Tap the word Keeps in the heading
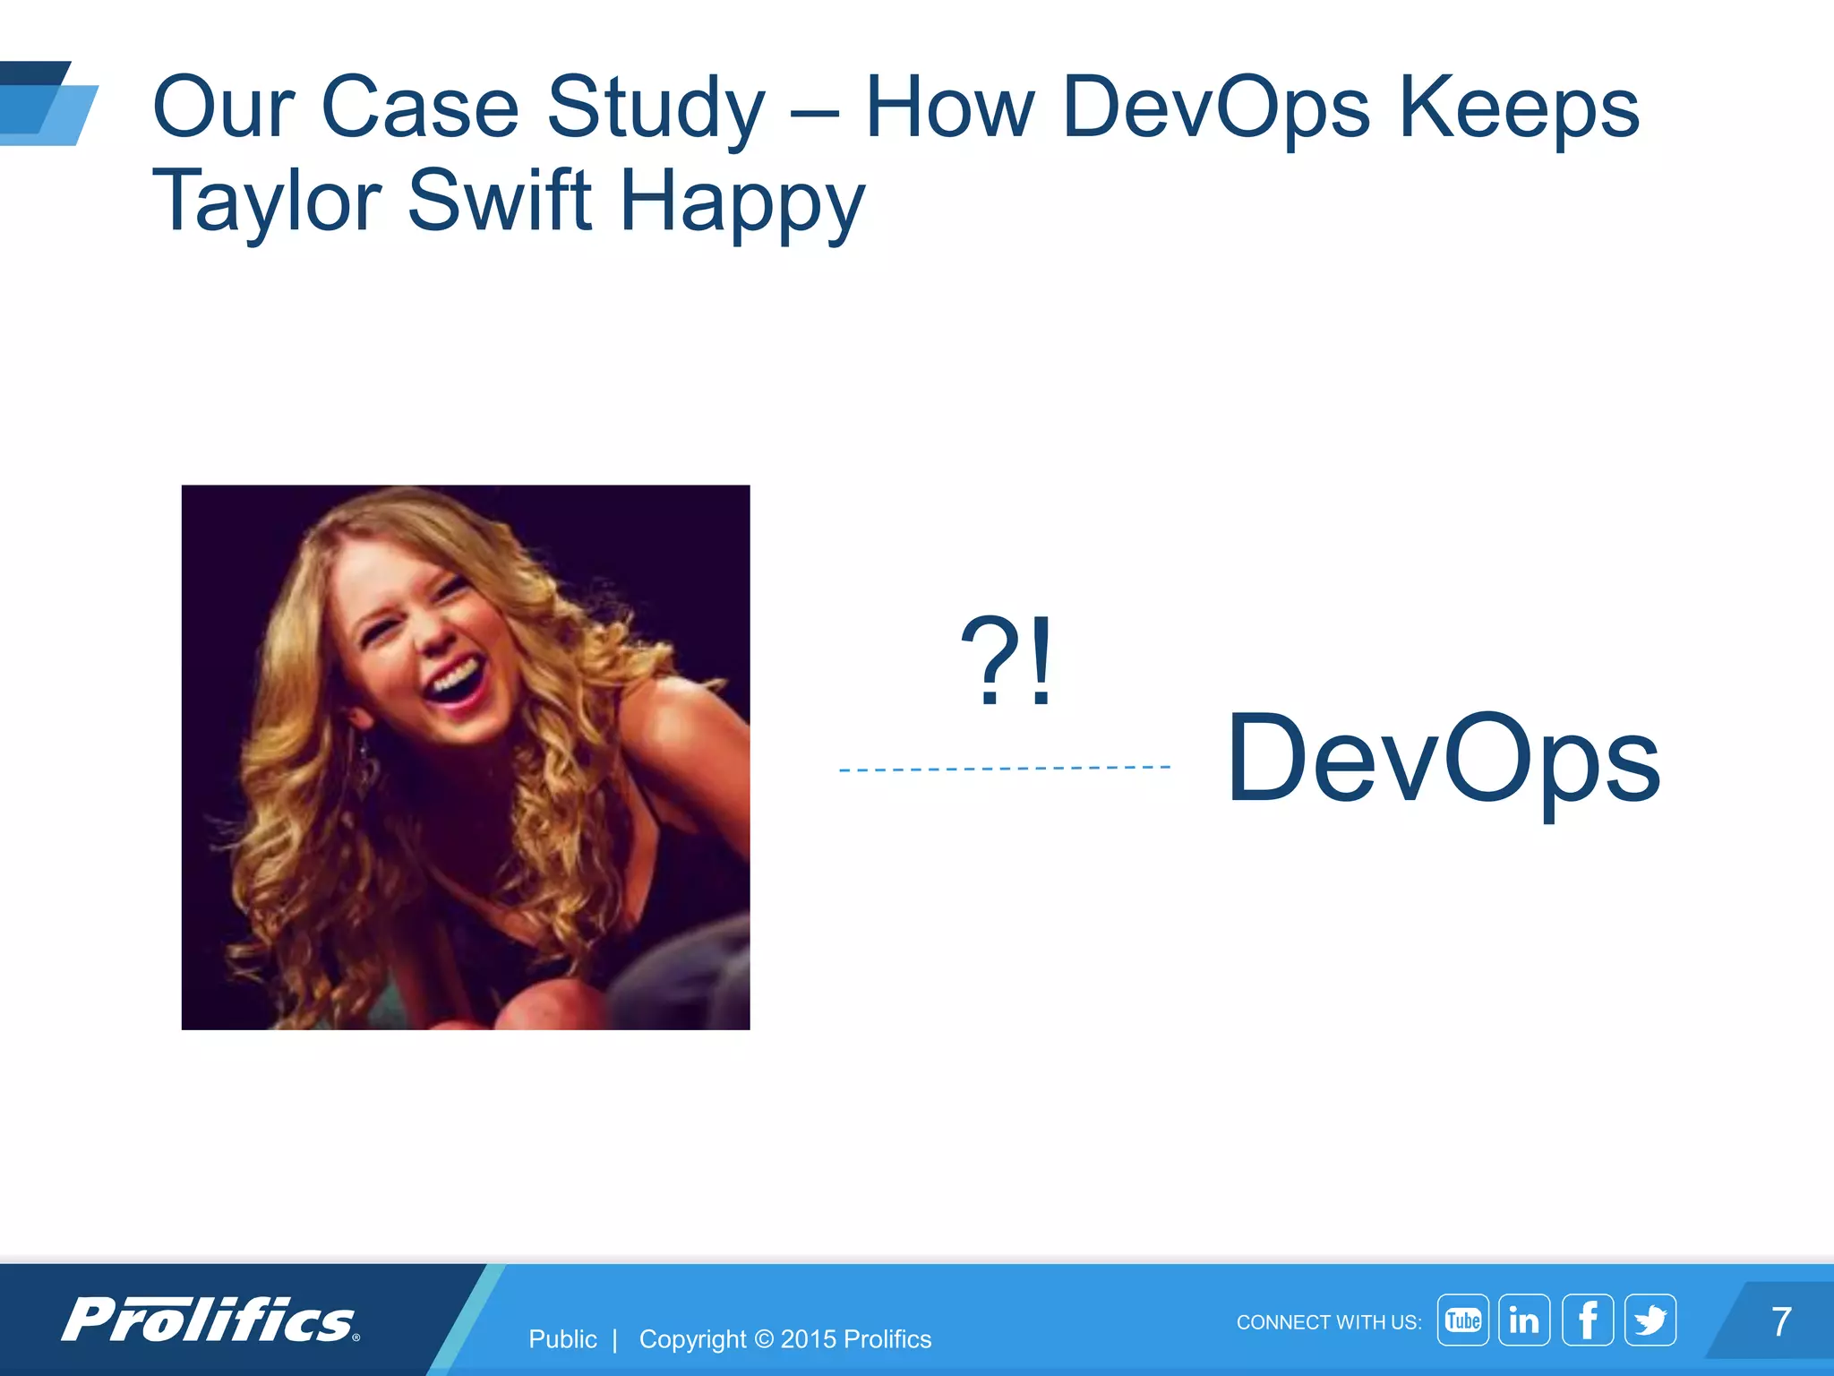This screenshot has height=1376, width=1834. coord(1519,109)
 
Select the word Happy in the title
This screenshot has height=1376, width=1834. coord(741,202)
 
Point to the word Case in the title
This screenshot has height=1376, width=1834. coord(419,109)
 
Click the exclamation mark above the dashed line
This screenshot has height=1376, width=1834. coord(1041,661)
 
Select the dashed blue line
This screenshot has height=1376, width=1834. coord(1004,769)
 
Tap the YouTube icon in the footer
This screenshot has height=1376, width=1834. coord(1462,1320)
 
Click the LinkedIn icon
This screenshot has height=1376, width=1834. coord(1524,1320)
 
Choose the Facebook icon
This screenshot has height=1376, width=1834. coord(1588,1320)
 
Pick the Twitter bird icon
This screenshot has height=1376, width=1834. coord(1650,1320)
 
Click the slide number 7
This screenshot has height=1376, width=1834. coord(1781,1322)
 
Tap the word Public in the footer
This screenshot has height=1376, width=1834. coord(562,1339)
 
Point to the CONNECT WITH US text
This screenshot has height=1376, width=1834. coord(1328,1322)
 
